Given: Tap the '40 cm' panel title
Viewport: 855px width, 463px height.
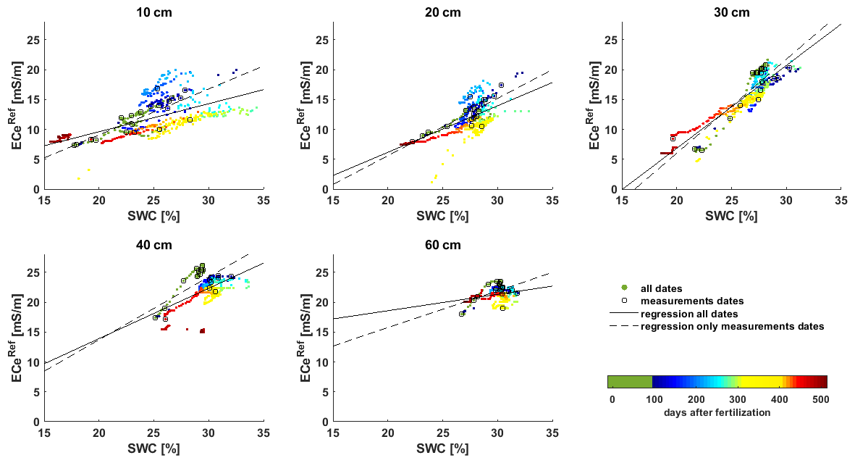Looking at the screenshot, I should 154,244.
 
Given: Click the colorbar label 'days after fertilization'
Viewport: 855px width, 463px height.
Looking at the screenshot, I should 717,412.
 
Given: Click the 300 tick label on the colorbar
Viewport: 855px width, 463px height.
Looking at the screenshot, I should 736,399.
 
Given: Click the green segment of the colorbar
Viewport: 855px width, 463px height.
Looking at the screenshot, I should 630,382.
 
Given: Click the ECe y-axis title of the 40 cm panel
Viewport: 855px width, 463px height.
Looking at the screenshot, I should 18,338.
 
